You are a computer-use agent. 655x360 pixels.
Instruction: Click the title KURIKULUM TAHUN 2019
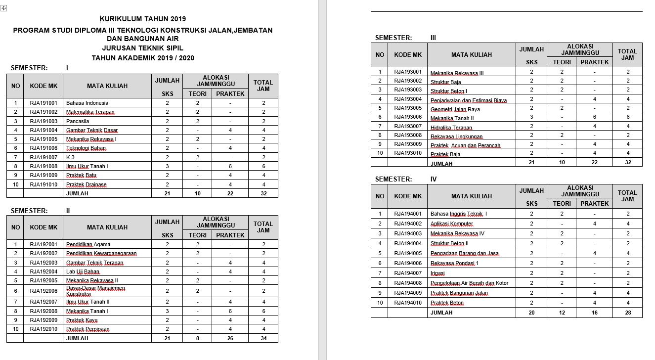pos(143,19)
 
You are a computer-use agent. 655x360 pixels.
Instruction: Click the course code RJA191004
pos(44,130)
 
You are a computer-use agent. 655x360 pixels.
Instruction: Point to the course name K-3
pos(71,157)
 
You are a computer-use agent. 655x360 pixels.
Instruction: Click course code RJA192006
pos(44,291)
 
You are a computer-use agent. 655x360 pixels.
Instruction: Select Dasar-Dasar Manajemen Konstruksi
pos(96,291)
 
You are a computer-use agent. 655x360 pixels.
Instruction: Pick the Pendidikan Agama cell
pos(88,244)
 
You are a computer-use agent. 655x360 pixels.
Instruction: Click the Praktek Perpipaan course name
pos(88,329)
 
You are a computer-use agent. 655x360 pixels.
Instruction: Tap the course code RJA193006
pos(408,117)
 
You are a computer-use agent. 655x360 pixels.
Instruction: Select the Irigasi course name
pos(437,273)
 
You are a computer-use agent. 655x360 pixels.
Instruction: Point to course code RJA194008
pos(408,283)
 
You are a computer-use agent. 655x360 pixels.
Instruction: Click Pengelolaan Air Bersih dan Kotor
pos(470,283)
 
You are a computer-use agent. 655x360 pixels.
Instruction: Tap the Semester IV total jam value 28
pos(627,313)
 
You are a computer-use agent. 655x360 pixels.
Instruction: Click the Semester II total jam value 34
pos(263,338)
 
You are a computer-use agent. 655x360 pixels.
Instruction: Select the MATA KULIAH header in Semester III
pos(471,55)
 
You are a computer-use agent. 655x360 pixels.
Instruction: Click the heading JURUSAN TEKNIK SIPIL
pos(143,48)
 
